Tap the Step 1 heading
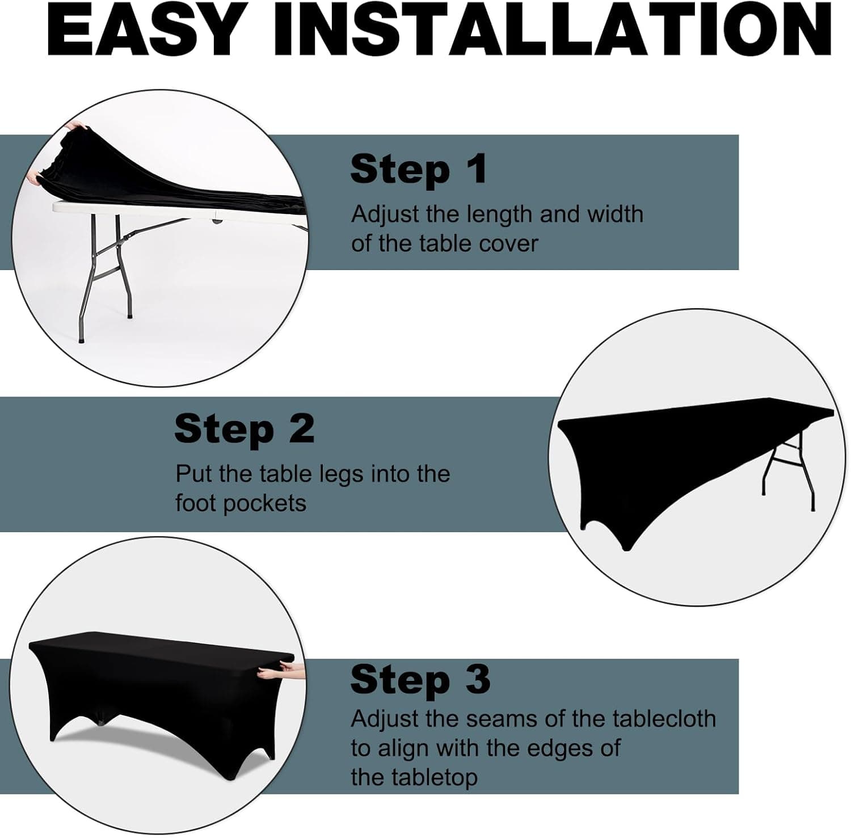(x=419, y=169)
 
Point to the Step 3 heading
(x=420, y=679)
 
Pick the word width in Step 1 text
(x=616, y=214)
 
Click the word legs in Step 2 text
(x=343, y=474)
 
